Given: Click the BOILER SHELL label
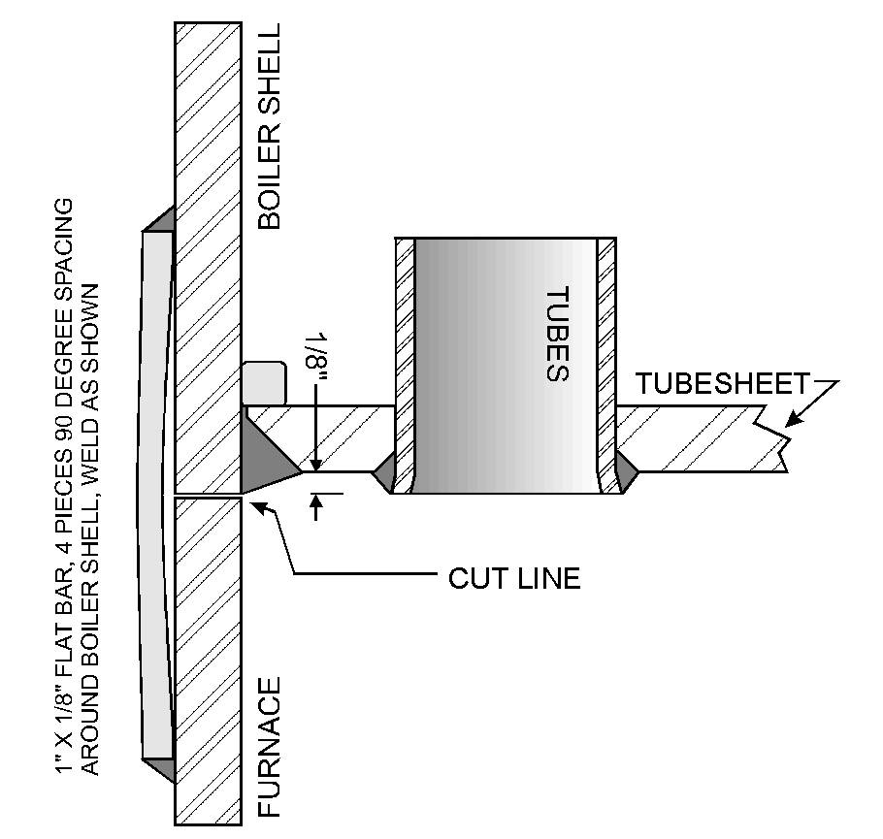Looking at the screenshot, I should point(269,126).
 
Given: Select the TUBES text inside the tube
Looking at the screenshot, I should point(554,334).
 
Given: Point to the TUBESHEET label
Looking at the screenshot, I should point(722,384).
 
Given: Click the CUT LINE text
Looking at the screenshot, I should point(513,579).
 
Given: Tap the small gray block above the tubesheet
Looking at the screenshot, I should point(265,383).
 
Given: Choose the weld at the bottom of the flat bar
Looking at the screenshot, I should point(161,768).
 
